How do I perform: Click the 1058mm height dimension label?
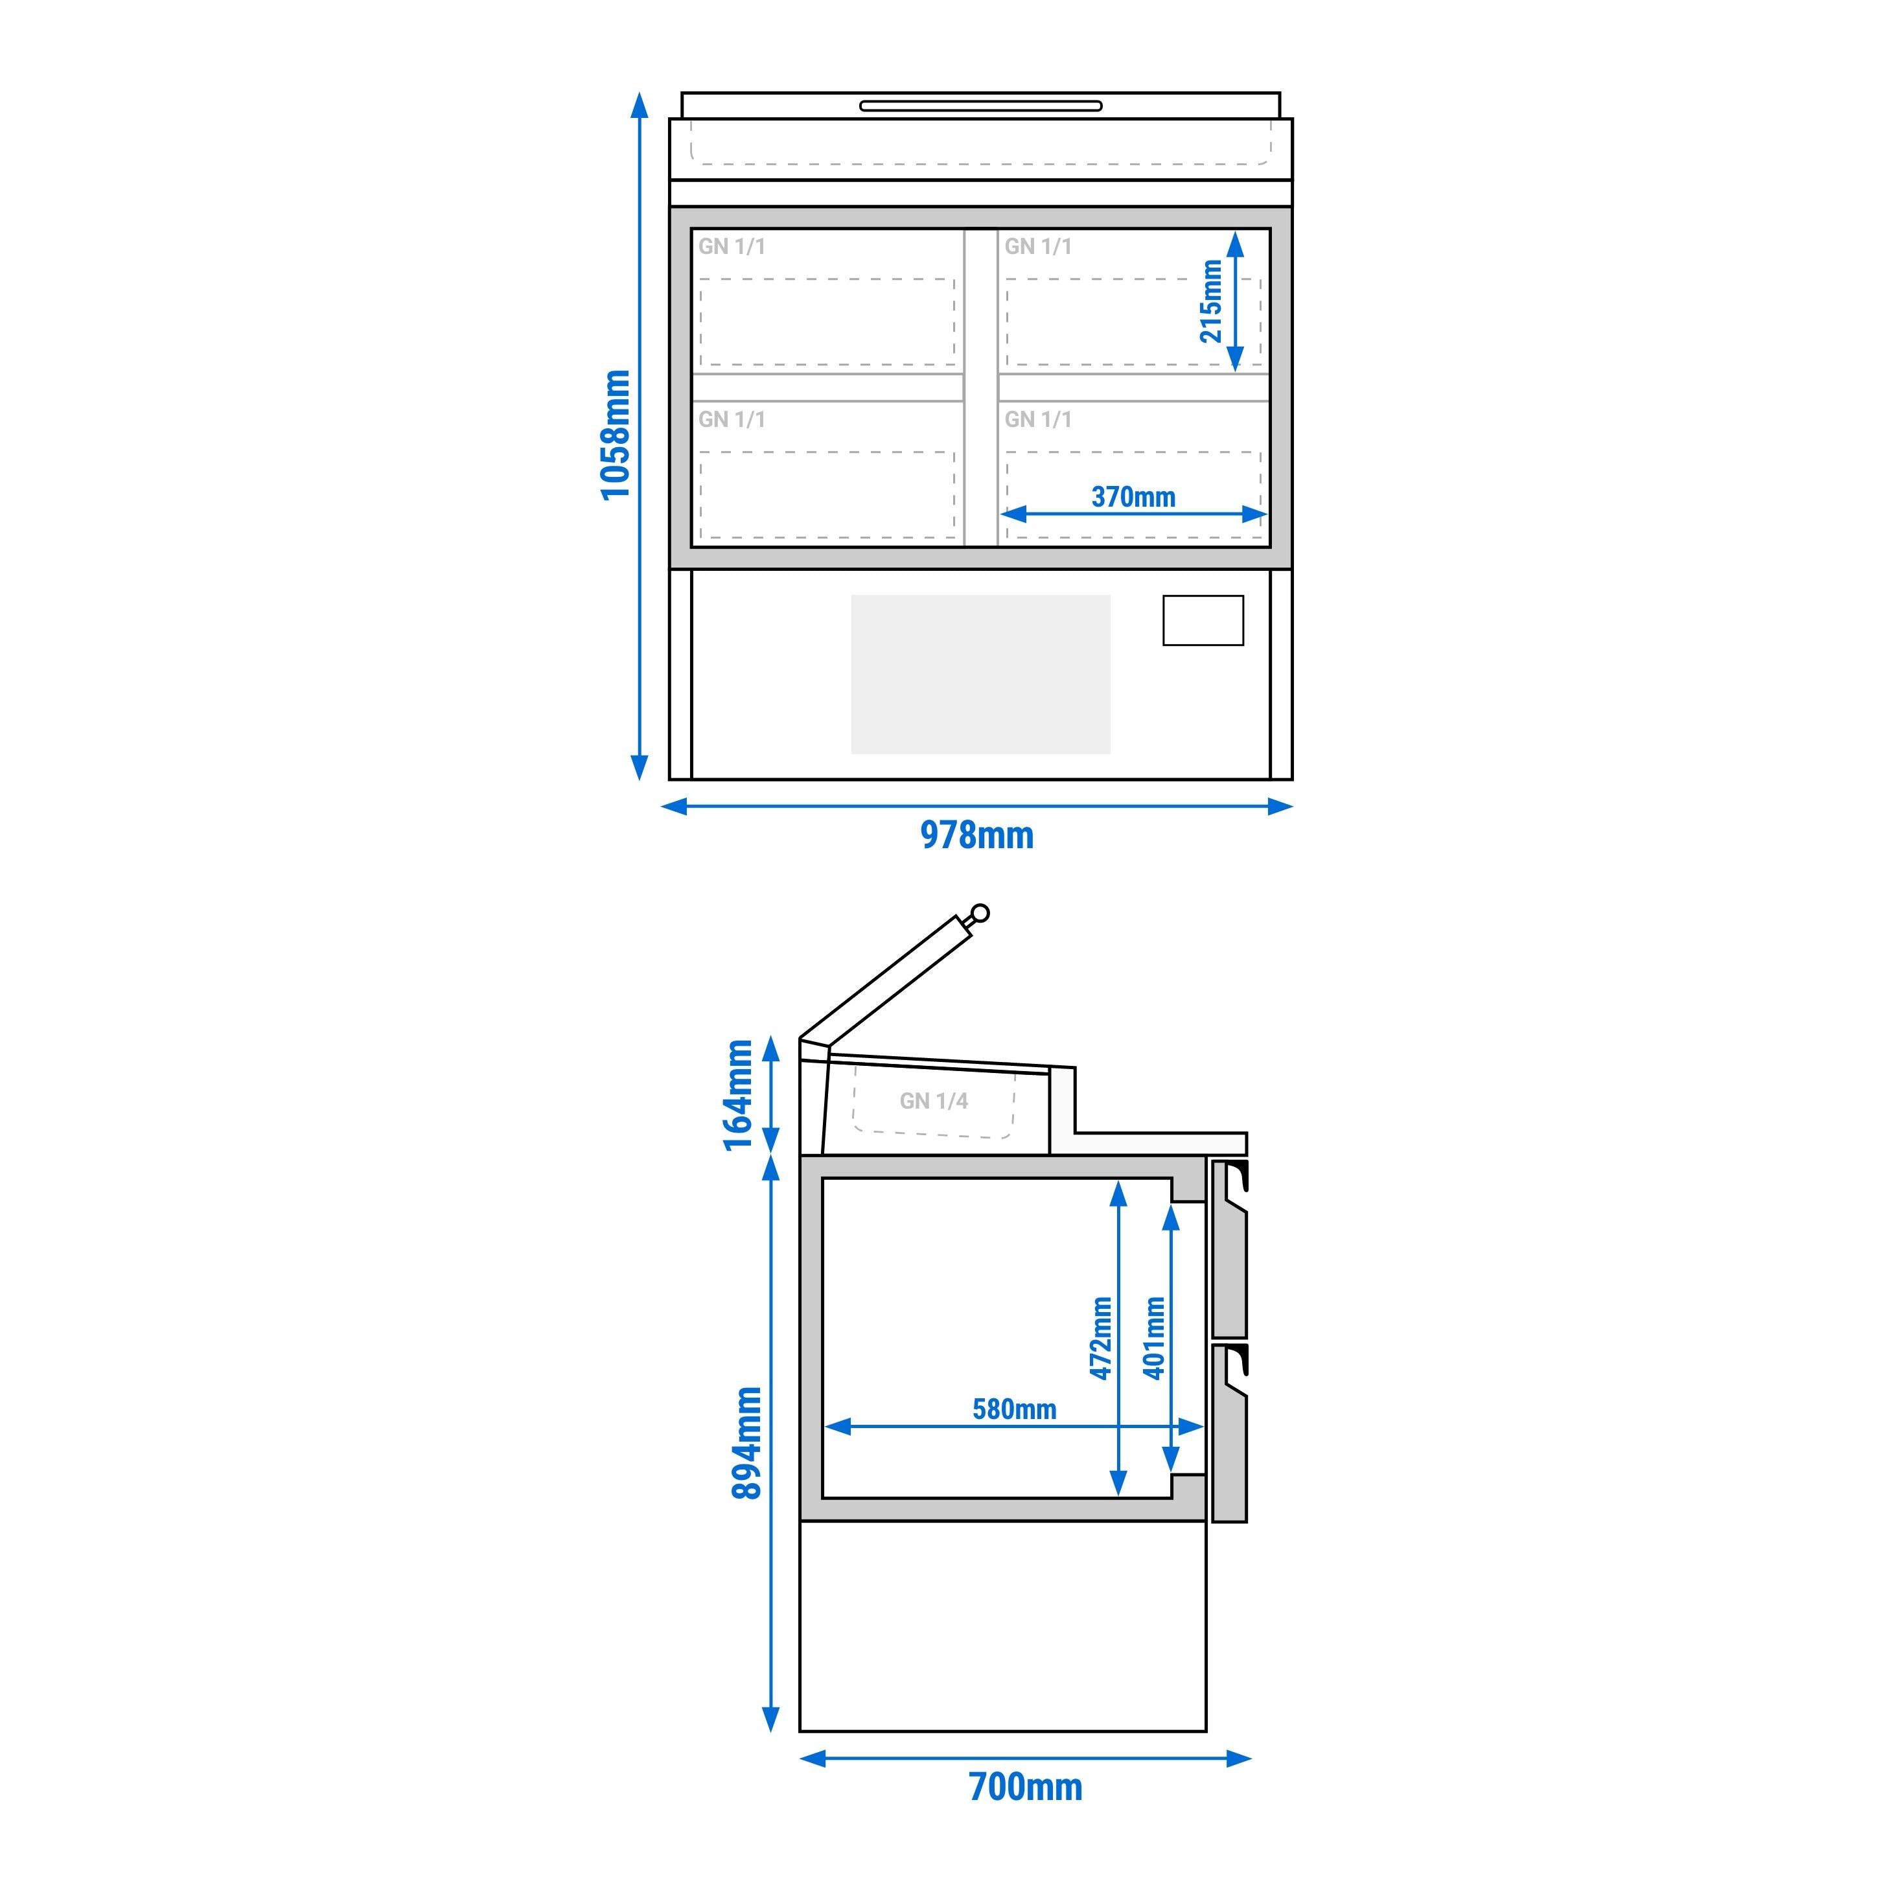(616, 435)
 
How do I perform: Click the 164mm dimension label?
(739, 1095)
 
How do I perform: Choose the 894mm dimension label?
(746, 1443)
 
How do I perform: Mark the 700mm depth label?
(1025, 1786)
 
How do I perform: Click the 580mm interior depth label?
(1015, 1409)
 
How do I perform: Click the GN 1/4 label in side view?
(934, 1101)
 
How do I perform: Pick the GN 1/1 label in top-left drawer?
(732, 246)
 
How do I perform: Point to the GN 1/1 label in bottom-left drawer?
(732, 420)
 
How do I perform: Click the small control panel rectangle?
(1203, 620)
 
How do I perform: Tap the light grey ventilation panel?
(980, 675)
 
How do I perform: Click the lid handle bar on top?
(980, 105)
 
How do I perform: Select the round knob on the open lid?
(980, 912)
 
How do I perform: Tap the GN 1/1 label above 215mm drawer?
(1039, 246)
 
